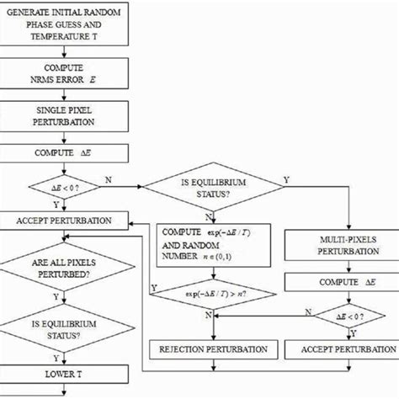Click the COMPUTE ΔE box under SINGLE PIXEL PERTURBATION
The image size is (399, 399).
pyautogui.click(x=65, y=155)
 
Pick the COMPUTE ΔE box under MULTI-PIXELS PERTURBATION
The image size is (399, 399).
pyautogui.click(x=340, y=279)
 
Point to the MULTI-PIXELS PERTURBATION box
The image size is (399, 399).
pyautogui.click(x=340, y=246)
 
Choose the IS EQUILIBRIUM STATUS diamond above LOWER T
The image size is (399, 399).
pyautogui.click(x=65, y=329)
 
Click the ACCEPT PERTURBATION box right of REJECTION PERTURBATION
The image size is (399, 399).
pyautogui.click(x=340, y=348)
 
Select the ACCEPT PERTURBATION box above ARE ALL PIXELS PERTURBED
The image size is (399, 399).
pyautogui.click(x=65, y=221)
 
